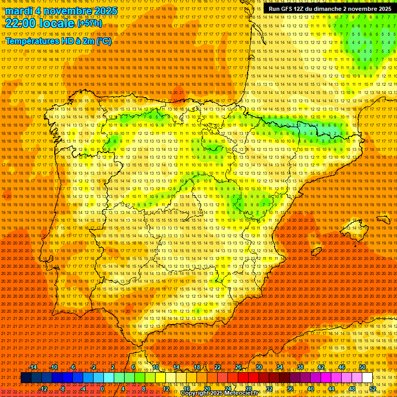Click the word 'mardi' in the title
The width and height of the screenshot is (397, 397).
click(20, 11)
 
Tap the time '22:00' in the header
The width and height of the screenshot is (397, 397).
click(21, 23)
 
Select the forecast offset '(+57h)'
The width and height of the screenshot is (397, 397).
click(89, 24)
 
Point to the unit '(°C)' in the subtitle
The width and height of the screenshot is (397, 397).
click(103, 41)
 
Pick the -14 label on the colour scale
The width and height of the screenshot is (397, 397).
click(34, 367)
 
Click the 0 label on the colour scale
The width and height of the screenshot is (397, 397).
click(102, 388)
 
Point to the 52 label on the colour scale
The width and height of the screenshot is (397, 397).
click(373, 388)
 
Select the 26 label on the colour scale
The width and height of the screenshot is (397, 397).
click(238, 367)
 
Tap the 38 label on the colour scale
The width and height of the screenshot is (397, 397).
click(300, 367)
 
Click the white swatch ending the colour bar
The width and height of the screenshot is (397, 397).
click(367, 377)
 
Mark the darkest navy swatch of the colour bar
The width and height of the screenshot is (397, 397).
click(26, 377)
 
